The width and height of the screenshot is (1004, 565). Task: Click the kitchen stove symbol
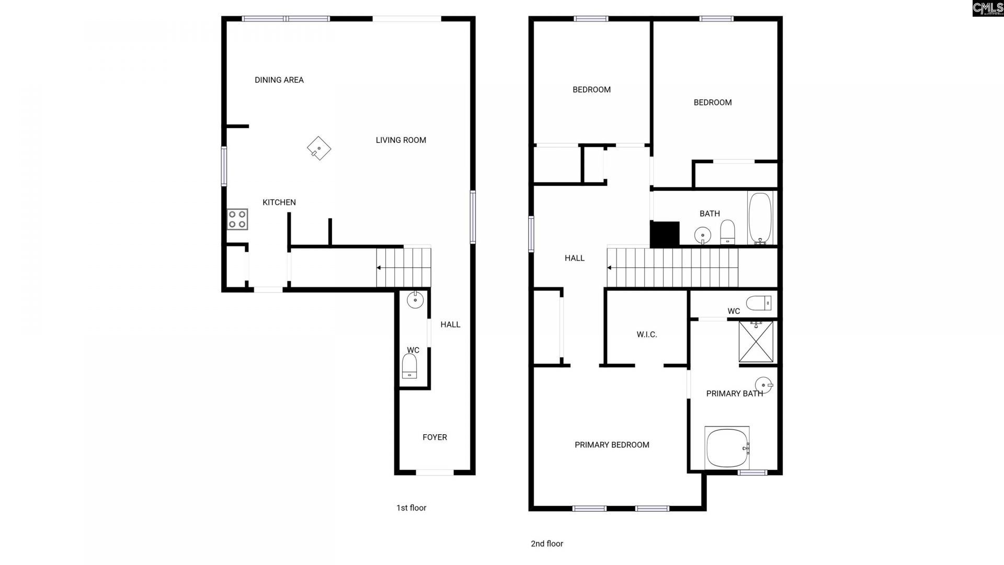click(x=237, y=219)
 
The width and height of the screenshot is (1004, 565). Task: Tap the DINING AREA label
click(x=279, y=80)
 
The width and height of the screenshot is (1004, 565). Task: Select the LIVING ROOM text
click(x=401, y=140)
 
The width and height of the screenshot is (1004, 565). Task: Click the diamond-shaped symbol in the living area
click(x=319, y=148)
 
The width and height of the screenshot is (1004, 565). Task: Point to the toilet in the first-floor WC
click(x=409, y=365)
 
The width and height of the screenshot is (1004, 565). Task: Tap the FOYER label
click(x=435, y=437)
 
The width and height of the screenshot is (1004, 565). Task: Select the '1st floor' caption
click(x=411, y=508)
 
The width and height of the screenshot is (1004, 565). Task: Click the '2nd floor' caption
click(x=547, y=544)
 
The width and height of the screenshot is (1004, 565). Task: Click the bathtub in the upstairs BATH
click(x=760, y=218)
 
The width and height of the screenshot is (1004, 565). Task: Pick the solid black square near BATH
click(x=665, y=234)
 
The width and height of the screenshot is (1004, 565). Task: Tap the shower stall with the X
click(x=756, y=341)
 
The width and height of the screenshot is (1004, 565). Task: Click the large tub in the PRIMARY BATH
click(x=727, y=448)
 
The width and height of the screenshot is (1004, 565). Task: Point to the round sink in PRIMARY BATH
click(x=764, y=386)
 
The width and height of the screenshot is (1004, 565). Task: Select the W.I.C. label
click(x=647, y=335)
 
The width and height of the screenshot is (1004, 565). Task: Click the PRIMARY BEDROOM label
click(x=612, y=445)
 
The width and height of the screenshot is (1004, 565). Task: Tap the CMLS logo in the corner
click(x=987, y=8)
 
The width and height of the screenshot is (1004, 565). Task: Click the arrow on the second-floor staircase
click(x=610, y=268)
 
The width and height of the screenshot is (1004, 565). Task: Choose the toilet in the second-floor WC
click(x=758, y=303)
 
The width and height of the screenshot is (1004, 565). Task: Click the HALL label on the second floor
click(x=574, y=258)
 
